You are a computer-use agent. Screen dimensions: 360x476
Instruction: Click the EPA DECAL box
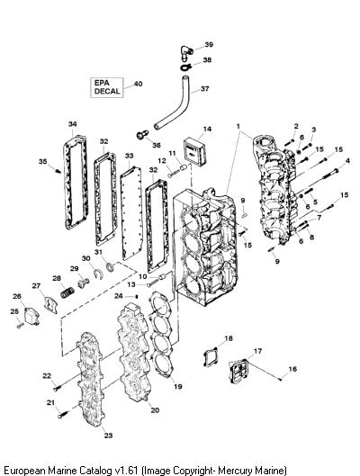tap(107, 87)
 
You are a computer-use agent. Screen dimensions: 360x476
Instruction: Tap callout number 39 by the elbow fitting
tap(209, 45)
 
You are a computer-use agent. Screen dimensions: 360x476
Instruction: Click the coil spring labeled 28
tap(67, 292)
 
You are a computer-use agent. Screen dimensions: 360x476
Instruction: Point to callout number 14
tap(207, 129)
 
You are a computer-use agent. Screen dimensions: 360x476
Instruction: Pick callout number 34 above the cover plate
tap(73, 124)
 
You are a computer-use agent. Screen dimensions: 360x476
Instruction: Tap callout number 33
tap(130, 156)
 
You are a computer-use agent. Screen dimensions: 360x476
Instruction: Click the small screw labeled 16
tap(281, 379)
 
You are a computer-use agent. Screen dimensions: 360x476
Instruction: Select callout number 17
tap(257, 351)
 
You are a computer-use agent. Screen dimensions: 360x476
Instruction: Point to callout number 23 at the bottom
tap(108, 436)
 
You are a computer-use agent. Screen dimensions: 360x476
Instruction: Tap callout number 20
tap(155, 410)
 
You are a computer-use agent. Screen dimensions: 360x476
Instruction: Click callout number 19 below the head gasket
tap(178, 386)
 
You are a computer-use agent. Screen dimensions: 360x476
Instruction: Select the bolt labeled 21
tap(63, 414)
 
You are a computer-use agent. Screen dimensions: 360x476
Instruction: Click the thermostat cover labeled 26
tap(31, 317)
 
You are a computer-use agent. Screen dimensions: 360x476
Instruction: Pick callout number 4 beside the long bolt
tap(347, 160)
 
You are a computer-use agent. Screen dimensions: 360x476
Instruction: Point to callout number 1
tap(238, 126)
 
